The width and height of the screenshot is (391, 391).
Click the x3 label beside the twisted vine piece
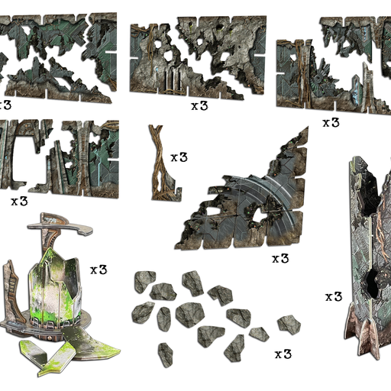[x=179, y=157]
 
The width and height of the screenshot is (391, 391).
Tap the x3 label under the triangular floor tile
[x=280, y=259]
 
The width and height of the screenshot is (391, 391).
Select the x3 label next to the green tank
[x=99, y=270]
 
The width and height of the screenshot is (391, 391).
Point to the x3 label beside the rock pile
[x=283, y=354]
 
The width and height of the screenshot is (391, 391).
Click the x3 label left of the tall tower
[x=334, y=297]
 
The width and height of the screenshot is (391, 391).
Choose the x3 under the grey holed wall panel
[x=199, y=105]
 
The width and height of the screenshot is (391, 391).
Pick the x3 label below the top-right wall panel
[x=331, y=123]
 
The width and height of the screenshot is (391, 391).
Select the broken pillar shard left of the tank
[x=11, y=290]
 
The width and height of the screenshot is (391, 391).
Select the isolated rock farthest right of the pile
[x=289, y=325]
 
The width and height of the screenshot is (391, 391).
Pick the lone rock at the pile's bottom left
[x=166, y=355]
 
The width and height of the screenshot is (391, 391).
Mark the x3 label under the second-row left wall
[x=19, y=202]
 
